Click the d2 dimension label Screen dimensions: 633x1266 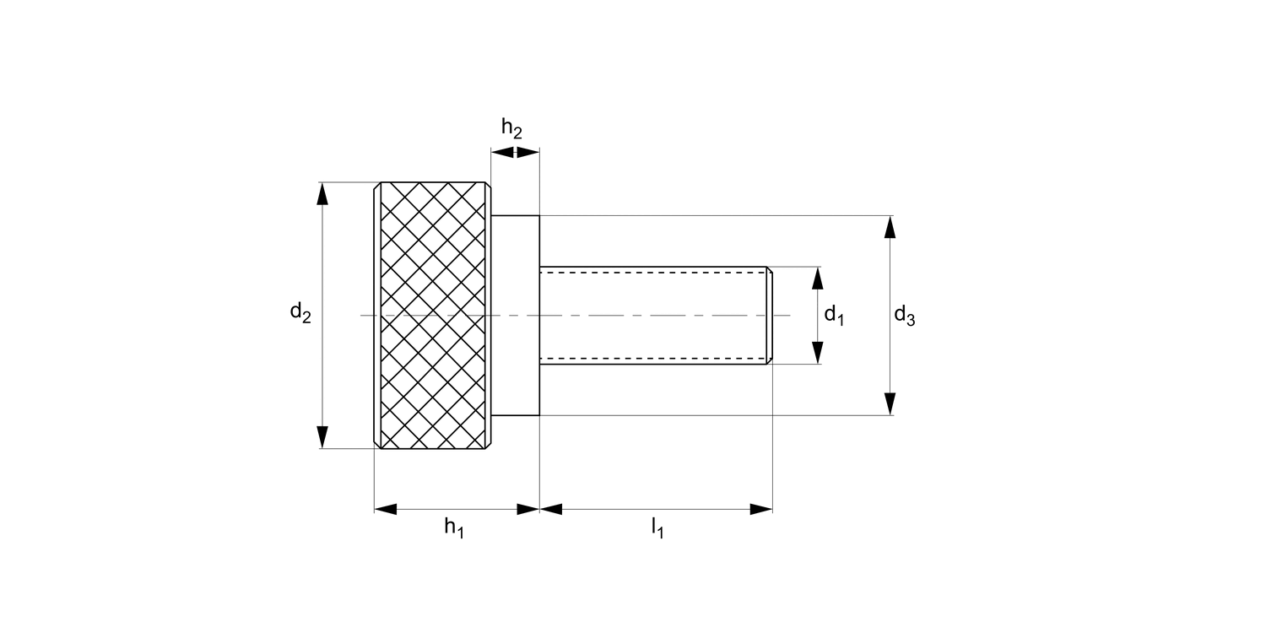pos(300,313)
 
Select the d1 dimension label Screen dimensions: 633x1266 pos(834,316)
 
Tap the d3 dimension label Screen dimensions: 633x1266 pos(904,316)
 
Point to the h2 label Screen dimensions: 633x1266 pos(511,128)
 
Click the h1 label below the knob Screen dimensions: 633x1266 pos(454,528)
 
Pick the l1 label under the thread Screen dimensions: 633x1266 pos(657,528)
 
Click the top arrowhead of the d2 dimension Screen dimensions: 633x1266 pos(322,193)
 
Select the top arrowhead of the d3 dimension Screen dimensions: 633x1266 pos(890,227)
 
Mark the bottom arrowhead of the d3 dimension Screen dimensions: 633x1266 pos(890,404)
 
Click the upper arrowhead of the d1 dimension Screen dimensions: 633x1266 pos(817,278)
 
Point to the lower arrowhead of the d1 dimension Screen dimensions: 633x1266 pos(817,353)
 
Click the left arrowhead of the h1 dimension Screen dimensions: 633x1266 pos(386,509)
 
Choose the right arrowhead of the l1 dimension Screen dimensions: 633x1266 pos(761,509)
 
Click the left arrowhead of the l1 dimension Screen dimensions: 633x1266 pos(551,509)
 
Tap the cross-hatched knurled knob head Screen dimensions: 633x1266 pos(433,315)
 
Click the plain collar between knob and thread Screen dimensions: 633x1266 pos(515,315)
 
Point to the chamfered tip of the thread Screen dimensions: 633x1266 pos(769,315)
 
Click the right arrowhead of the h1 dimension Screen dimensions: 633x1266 pos(527,509)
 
